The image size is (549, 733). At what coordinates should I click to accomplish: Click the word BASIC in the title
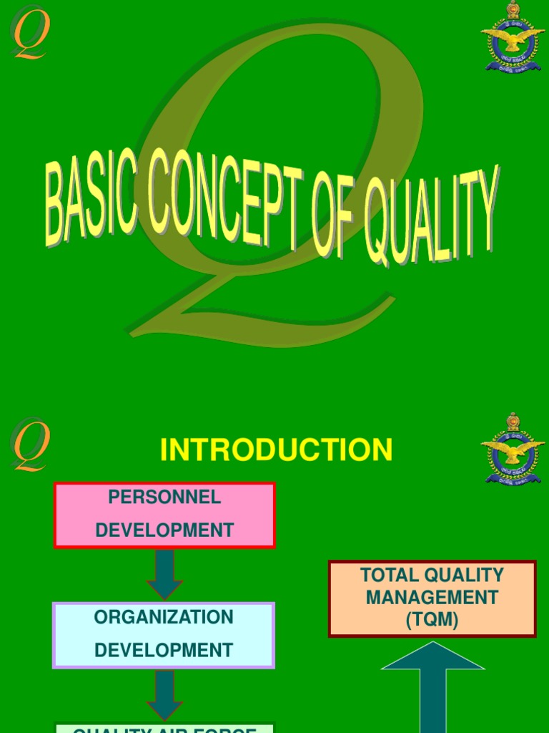(91, 199)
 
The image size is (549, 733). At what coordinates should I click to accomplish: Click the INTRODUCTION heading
(276, 450)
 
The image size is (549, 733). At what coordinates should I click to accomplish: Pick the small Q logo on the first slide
(29, 33)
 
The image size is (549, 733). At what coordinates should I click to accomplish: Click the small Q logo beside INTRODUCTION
(30, 445)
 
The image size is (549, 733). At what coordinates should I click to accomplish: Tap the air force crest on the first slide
(513, 37)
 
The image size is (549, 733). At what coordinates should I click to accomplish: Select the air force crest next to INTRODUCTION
(513, 449)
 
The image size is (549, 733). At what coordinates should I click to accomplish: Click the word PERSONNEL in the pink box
(164, 497)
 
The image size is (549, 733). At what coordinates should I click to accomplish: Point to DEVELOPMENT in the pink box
(164, 530)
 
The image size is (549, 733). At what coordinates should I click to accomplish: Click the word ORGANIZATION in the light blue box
(164, 617)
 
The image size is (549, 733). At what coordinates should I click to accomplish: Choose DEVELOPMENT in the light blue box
(164, 650)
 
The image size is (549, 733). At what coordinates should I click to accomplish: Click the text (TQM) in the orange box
(432, 620)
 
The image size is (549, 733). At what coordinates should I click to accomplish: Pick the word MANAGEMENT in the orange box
(432, 597)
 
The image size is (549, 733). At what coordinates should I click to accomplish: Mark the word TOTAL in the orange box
(390, 575)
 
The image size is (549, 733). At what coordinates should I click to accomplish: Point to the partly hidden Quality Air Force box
(164, 728)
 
